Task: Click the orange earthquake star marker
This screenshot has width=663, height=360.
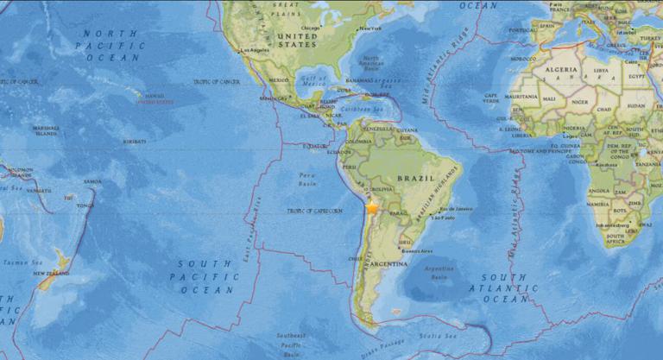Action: pyautogui.click(x=372, y=208)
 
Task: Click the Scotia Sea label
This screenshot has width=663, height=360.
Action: pyautogui.click(x=431, y=335)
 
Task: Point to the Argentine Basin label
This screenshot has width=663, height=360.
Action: pyautogui.click(x=440, y=274)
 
